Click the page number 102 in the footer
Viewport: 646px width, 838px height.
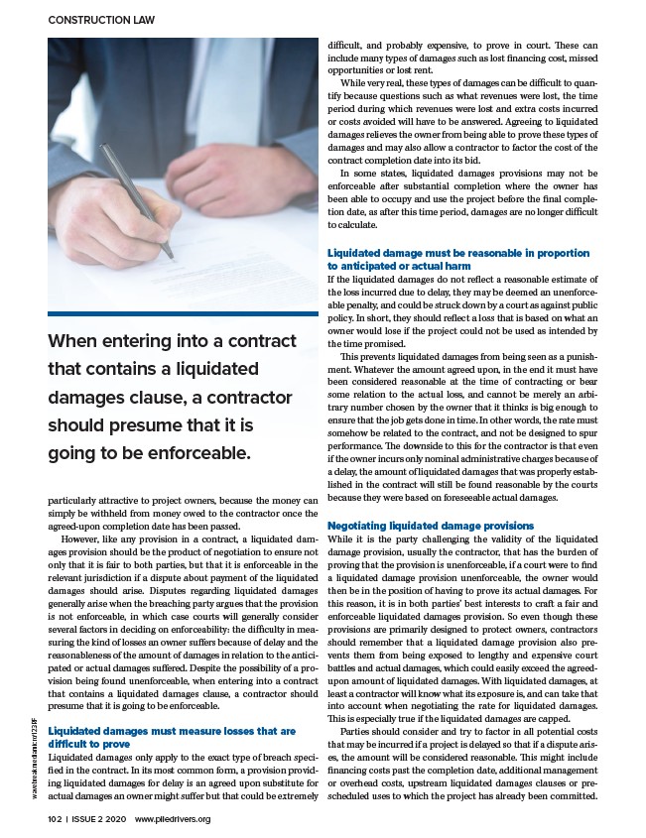coord(56,819)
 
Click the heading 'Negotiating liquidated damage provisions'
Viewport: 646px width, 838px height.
coord(430,525)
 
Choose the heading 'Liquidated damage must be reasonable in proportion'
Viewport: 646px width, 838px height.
coord(457,253)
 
